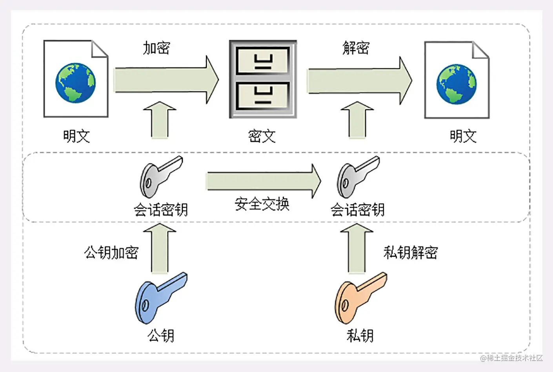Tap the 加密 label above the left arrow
click(156, 48)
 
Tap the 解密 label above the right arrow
click(356, 48)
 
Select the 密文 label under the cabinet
click(262, 136)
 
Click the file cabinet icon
click(263, 79)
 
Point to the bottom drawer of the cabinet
click(263, 96)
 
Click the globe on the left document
click(75, 82)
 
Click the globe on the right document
click(457, 84)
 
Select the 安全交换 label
click(262, 204)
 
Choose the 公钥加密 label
click(111, 252)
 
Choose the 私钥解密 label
click(410, 252)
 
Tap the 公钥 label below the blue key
click(161, 335)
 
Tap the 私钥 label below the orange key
click(360, 335)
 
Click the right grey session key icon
click(357, 176)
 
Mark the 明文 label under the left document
click(76, 136)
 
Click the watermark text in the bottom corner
click(511, 358)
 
